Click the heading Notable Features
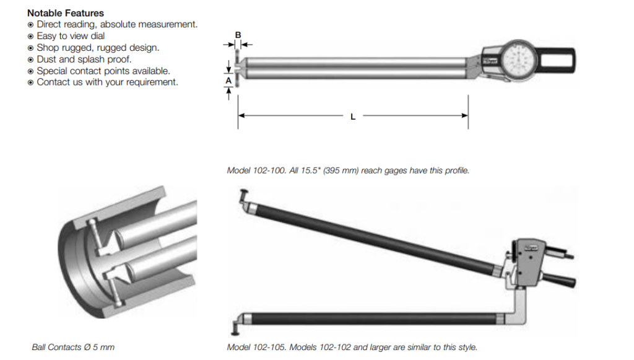pyautogui.click(x=66, y=13)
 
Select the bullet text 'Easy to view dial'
pyautogui.click(x=71, y=36)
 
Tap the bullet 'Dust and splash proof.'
pyautogui.click(x=84, y=59)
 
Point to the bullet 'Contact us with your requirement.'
pyautogui.click(x=107, y=82)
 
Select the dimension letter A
pyautogui.click(x=228, y=81)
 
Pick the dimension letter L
pyautogui.click(x=353, y=116)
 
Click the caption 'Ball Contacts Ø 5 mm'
pyautogui.click(x=73, y=347)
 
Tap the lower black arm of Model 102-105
pyautogui.click(x=371, y=318)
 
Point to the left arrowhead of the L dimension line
pyautogui.click(x=241, y=116)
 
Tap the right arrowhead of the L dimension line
pyautogui.click(x=464, y=116)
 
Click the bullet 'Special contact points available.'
pyautogui.click(x=103, y=71)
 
